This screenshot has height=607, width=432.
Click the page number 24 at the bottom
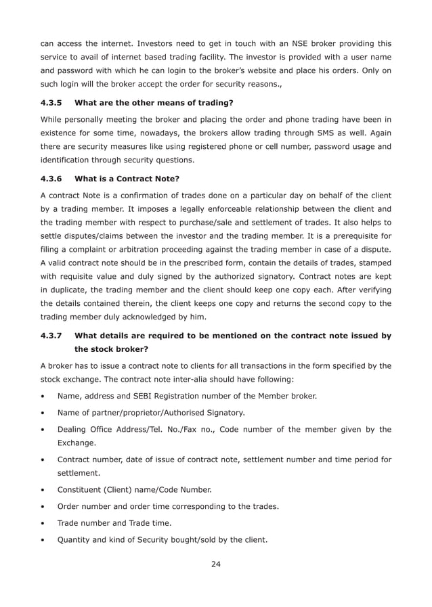coord(215,564)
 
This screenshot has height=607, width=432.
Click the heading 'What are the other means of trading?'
coord(154,104)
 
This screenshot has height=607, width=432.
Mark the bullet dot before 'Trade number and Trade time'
coord(44,523)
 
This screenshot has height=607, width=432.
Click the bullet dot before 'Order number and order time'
coord(44,507)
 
